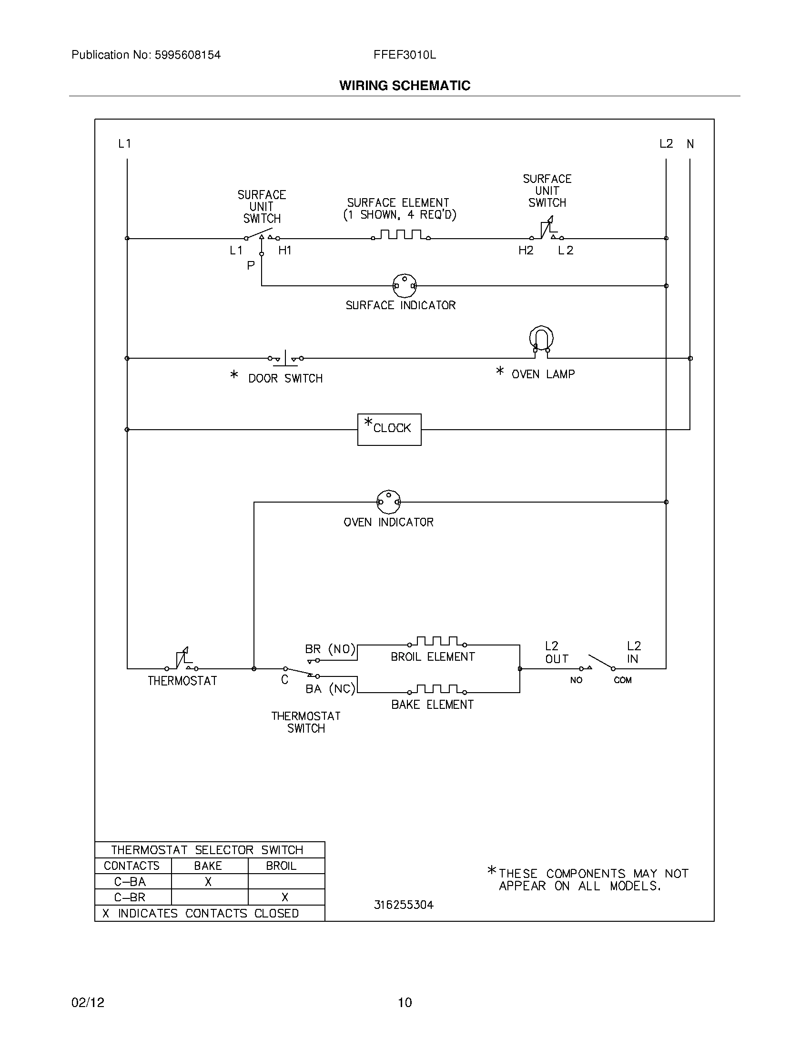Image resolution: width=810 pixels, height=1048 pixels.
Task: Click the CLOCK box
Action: [x=389, y=430]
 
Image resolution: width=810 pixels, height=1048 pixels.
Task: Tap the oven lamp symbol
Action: [x=541, y=339]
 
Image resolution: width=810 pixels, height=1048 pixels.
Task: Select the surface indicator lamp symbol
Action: [x=405, y=285]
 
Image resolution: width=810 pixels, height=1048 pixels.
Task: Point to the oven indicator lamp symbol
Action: [x=388, y=502]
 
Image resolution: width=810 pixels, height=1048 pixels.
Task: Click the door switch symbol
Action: [x=285, y=358]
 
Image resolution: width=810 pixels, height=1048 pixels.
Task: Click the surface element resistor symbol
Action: [x=400, y=235]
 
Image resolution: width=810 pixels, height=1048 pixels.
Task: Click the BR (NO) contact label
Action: [x=330, y=649]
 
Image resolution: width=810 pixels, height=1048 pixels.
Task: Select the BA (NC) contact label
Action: [x=330, y=689]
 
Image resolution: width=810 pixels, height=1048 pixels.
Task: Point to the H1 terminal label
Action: [x=285, y=250]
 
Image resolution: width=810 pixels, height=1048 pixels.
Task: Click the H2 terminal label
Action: [x=526, y=250]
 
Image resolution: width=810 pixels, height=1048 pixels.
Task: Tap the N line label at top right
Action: [x=690, y=143]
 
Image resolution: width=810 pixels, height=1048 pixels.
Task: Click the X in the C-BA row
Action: [x=208, y=881]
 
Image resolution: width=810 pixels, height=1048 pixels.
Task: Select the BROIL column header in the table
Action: [x=281, y=866]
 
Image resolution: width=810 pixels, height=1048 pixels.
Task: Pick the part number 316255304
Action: [x=404, y=905]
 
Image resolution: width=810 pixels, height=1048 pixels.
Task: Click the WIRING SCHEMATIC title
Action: [x=405, y=85]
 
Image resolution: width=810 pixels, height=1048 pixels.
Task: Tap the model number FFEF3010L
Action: [x=405, y=55]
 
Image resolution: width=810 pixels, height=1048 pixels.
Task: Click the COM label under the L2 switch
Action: [x=622, y=680]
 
